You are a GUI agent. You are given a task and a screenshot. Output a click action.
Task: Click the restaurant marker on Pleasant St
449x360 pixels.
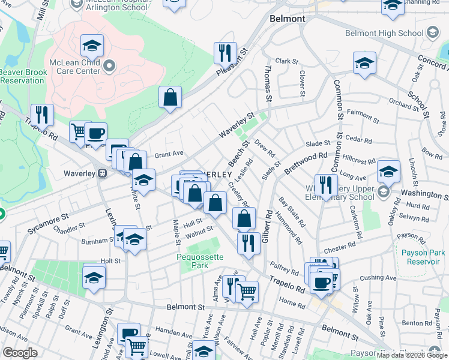click(x=226, y=53)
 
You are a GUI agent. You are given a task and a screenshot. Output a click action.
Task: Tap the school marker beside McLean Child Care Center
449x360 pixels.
click(x=92, y=46)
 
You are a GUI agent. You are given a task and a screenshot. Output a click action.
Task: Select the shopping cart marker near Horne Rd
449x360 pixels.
click(x=247, y=292)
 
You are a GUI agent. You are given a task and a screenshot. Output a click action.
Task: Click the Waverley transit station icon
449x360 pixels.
click(x=102, y=173)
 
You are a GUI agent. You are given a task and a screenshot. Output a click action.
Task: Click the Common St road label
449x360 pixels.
click(x=338, y=109)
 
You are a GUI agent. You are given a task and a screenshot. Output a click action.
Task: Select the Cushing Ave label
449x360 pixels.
click(x=379, y=277)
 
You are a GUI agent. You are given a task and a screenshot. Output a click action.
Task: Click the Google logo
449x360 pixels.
click(x=20, y=353)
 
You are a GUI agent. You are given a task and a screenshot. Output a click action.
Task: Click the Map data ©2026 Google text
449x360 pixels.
click(x=412, y=356)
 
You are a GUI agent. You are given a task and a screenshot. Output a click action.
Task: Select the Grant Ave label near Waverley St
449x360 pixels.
click(x=169, y=154)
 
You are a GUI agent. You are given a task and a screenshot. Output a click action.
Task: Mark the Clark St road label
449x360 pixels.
click(x=286, y=61)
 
